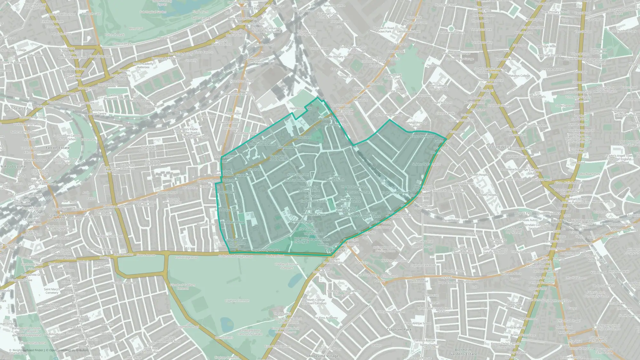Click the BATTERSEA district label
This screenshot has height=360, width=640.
coord(17,108)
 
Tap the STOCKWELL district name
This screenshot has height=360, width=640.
coord(500,147)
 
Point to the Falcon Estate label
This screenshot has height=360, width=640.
coord(58,148)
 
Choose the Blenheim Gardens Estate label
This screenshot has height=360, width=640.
coord(463,352)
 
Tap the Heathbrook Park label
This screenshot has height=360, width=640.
coord(300,108)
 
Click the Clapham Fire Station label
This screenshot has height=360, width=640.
coord(313,201)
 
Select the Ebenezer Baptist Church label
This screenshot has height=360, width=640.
coord(335,178)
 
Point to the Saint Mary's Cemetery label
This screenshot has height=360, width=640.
coord(52,291)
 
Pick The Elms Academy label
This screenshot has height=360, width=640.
coord(325,318)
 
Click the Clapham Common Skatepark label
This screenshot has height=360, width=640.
coord(287,266)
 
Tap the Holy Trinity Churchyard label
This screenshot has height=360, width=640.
coord(301,240)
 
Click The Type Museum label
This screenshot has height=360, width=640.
coord(553,69)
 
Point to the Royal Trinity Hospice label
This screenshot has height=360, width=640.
coord(266,250)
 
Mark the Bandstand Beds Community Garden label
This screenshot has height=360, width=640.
coord(250,332)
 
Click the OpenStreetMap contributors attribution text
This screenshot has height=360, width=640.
coord(68,350)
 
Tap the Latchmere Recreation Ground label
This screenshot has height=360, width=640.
coord(116,97)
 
